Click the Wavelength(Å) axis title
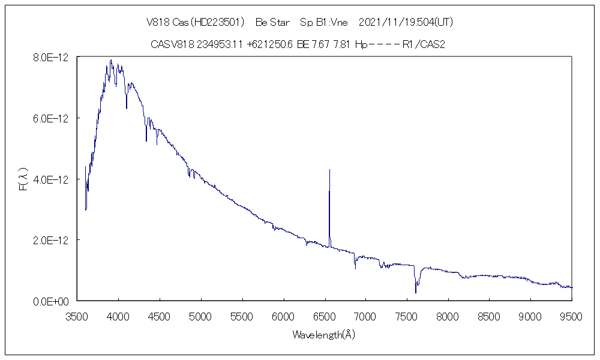[x=324, y=335]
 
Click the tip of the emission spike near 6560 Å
[x=329, y=170]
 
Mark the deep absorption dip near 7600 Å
[x=416, y=292]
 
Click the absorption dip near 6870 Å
[x=355, y=268]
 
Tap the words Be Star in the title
[x=273, y=22]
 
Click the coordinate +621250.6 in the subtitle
[x=269, y=44]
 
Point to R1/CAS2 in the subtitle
[x=424, y=44]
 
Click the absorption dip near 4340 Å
[x=146, y=140]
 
